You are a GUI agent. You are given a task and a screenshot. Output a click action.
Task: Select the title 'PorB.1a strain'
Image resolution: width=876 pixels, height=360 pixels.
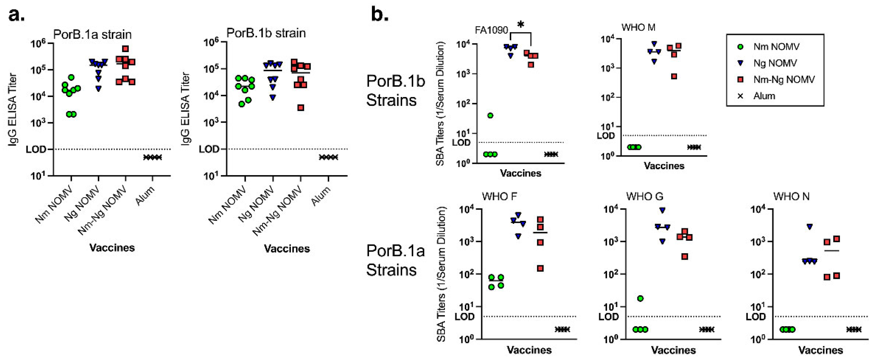click(92, 34)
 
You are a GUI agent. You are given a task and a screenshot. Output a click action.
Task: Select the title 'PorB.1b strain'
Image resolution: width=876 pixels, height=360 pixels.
click(266, 33)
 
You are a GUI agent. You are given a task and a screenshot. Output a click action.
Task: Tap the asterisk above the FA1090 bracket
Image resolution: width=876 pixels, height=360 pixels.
click(521, 25)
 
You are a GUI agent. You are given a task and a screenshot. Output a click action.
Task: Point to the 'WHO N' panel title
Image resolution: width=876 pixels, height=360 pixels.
click(791, 196)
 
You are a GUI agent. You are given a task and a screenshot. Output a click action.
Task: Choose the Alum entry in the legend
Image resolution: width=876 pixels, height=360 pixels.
click(764, 96)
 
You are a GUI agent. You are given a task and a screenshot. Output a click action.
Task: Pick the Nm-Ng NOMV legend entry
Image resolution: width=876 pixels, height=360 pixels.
click(784, 79)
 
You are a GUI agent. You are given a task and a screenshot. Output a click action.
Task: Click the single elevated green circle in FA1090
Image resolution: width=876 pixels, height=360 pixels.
click(490, 116)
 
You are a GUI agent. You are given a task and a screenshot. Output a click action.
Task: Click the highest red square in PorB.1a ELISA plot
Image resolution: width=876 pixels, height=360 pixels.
click(125, 49)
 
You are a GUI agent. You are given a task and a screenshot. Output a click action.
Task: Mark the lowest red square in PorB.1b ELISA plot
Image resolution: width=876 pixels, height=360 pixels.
click(301, 108)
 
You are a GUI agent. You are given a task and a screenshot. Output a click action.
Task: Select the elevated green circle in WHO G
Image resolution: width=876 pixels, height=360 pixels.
click(640, 298)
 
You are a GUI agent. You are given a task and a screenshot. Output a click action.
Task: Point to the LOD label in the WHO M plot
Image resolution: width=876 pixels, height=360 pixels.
click(606, 136)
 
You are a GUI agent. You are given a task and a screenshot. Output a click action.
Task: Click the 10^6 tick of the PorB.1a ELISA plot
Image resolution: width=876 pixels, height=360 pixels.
click(38, 44)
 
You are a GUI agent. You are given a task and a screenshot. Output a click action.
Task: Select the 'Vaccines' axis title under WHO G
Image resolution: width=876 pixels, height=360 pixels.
click(673, 350)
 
